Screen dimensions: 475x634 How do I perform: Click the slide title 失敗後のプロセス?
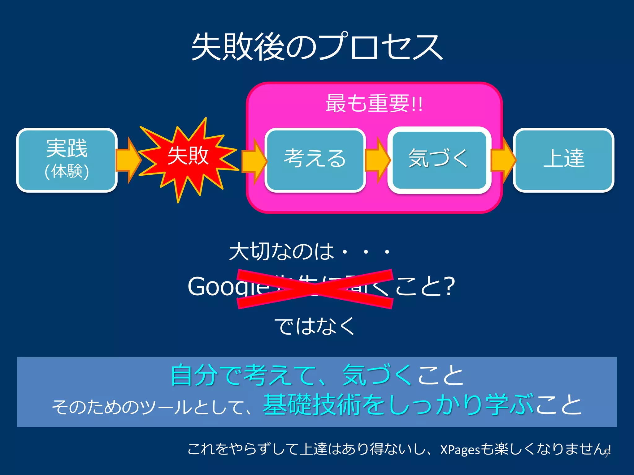[x=317, y=47]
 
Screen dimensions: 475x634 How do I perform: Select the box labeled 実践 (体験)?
[x=67, y=160]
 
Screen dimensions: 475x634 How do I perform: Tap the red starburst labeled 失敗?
[x=188, y=156]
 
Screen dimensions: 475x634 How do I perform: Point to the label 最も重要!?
[x=374, y=104]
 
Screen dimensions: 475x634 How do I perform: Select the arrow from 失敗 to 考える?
[x=253, y=161]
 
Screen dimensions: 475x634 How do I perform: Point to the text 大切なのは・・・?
[x=310, y=251]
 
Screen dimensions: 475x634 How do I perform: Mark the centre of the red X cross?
[x=315, y=289]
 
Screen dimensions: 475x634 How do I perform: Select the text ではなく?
[x=315, y=326]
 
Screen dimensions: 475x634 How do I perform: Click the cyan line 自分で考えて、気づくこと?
[x=317, y=375]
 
